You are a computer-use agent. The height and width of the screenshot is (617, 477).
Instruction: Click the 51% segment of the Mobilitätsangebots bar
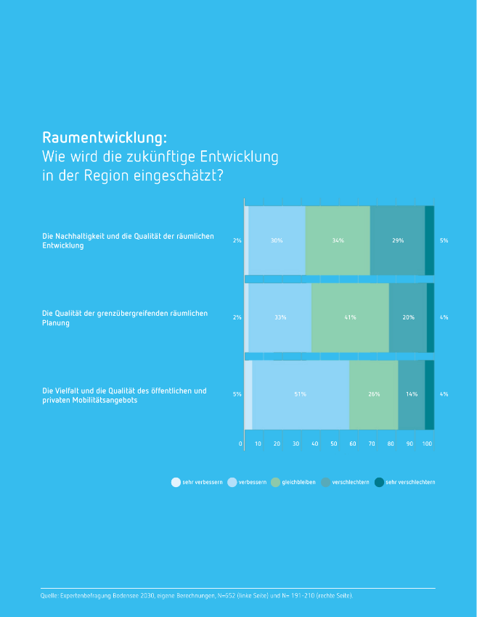click(x=300, y=394)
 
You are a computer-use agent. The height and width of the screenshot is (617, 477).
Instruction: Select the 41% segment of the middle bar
click(x=350, y=317)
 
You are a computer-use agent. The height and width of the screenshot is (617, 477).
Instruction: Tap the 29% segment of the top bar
click(x=397, y=240)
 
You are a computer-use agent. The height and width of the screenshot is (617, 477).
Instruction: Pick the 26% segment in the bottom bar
click(x=373, y=394)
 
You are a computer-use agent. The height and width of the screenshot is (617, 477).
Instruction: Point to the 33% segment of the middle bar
click(x=280, y=317)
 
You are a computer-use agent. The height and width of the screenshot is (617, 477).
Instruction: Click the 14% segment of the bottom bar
click(x=411, y=394)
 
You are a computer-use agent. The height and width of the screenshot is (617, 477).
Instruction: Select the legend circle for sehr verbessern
click(x=176, y=482)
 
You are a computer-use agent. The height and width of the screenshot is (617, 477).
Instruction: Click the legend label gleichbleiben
click(x=298, y=482)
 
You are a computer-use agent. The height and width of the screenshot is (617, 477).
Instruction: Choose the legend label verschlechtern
click(x=351, y=482)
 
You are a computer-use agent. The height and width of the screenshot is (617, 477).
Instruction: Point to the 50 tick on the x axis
click(x=334, y=444)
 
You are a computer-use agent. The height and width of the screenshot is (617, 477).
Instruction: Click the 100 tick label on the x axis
click(x=427, y=444)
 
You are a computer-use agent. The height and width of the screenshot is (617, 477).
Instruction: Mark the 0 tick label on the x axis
click(x=240, y=444)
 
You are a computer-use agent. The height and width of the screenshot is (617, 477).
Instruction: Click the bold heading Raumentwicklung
click(x=105, y=137)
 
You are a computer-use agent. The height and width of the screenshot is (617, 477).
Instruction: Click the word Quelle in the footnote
click(x=49, y=595)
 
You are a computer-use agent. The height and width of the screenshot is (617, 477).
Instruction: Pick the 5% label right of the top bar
click(x=444, y=240)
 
